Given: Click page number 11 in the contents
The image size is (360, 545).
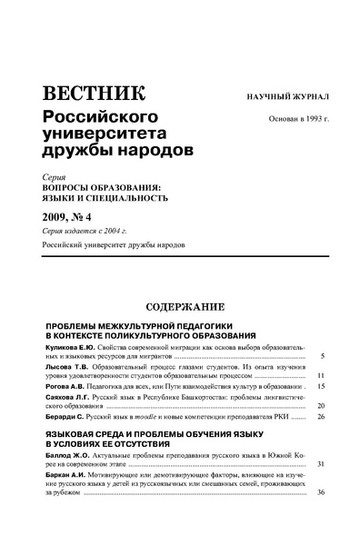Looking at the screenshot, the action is pos(321,374).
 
